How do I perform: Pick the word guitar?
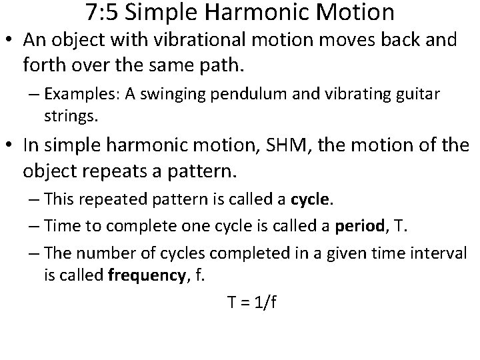[x=417, y=94]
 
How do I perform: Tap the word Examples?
[x=73, y=94]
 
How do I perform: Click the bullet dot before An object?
[x=13, y=41]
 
